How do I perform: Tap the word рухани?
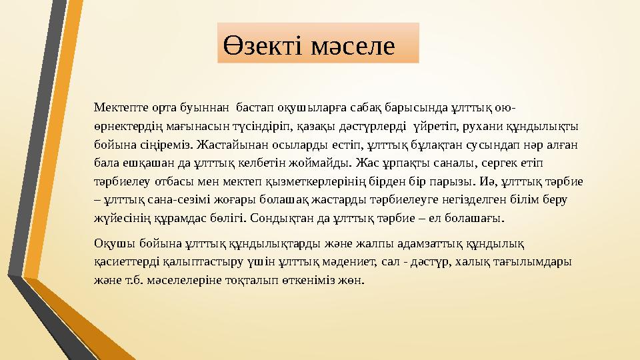474,125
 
